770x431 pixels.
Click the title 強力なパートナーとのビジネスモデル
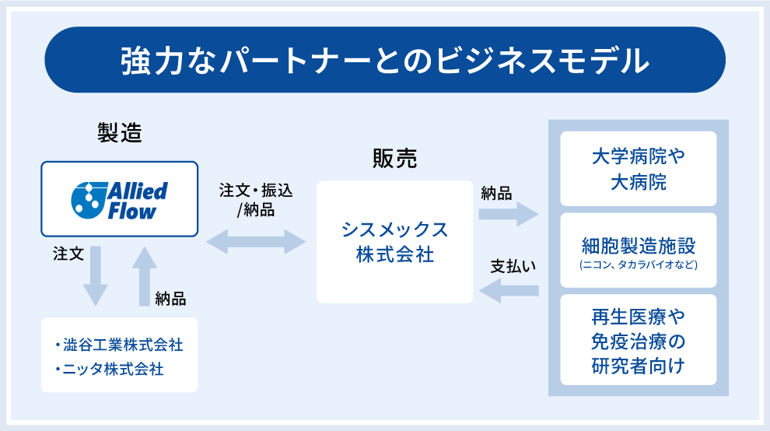tap(385, 61)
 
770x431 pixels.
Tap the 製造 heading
tap(119, 133)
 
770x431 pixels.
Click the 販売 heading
tap(394, 159)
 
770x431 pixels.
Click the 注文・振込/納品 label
tap(256, 199)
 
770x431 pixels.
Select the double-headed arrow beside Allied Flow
tap(256, 241)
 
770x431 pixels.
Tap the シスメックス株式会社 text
tap(394, 241)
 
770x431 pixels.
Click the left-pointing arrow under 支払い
tap(509, 291)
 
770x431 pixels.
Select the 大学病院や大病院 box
tap(638, 170)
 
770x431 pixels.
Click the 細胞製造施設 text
tap(638, 247)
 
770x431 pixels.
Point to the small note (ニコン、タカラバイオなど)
tap(638, 265)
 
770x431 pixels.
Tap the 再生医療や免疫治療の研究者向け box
tap(638, 340)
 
